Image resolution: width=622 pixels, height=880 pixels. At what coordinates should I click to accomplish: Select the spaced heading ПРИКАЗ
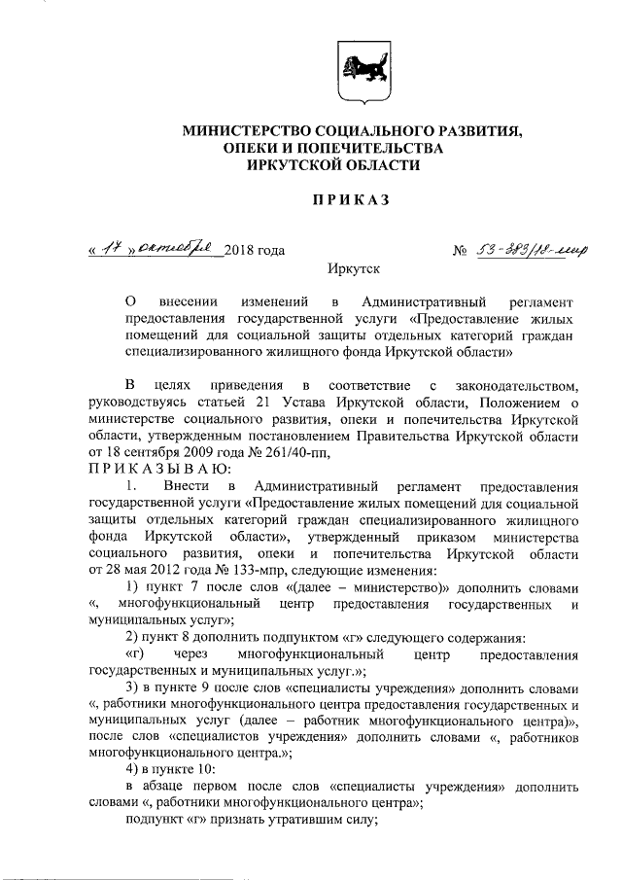coord(349,200)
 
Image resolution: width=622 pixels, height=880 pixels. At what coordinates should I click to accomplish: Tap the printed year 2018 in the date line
coord(240,251)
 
